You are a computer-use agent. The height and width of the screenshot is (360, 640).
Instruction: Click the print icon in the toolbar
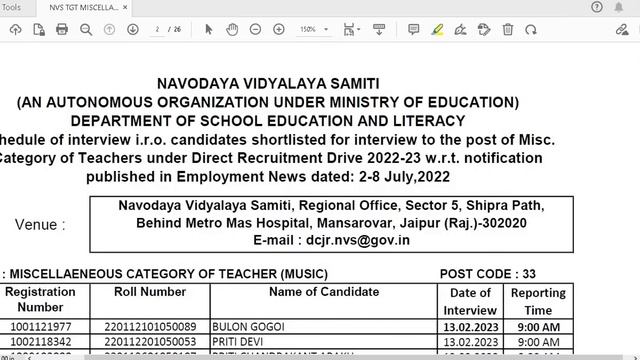pos(62,29)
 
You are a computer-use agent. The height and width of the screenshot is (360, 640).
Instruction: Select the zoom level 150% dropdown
pos(312,29)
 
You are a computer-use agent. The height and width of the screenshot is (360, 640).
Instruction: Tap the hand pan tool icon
pos(231,29)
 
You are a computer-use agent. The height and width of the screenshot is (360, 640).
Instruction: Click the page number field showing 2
pos(158,29)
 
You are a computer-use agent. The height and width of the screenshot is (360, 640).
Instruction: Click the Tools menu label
pos(11,6)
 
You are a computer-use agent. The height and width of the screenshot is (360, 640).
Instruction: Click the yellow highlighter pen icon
pos(438,29)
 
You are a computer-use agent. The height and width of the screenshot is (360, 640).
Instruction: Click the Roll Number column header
pos(149,292)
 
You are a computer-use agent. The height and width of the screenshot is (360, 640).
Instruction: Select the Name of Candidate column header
pos(324,292)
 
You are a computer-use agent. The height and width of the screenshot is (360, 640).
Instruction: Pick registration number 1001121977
pos(41,327)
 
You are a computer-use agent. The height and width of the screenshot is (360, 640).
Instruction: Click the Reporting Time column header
pos(538,301)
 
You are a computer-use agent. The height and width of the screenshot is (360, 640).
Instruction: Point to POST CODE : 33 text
pos(488,273)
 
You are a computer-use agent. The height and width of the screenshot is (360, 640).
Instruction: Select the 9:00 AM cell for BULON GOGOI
pos(538,327)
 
